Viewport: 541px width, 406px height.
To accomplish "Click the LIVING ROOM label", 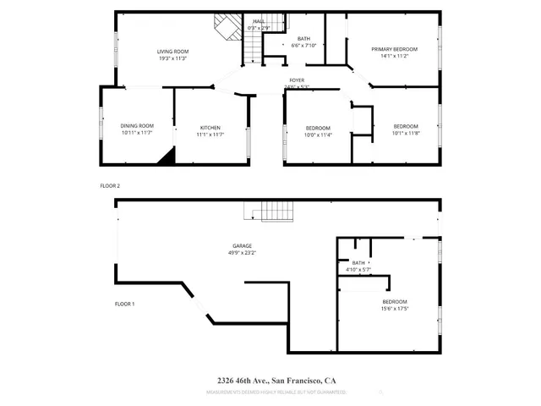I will pyautogui.click(x=172, y=52).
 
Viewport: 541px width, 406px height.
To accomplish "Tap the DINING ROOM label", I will pyautogui.click(x=137, y=126).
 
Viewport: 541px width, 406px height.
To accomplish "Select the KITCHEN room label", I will pyautogui.click(x=210, y=128).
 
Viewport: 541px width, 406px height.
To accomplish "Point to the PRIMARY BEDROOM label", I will pyautogui.click(x=395, y=50).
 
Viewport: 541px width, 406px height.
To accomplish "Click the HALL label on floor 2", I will pyautogui.click(x=258, y=21).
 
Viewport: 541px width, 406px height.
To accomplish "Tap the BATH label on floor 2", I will pyautogui.click(x=303, y=38).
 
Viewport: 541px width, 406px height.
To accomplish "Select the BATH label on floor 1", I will pyautogui.click(x=358, y=263).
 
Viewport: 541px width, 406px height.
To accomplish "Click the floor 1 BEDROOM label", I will pyautogui.click(x=395, y=302).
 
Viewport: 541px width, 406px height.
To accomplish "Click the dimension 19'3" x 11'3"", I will pyautogui.click(x=172, y=58).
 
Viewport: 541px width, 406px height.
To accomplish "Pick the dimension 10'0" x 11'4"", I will pyautogui.click(x=318, y=134).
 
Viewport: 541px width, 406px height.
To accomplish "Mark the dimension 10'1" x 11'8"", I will pyautogui.click(x=406, y=134).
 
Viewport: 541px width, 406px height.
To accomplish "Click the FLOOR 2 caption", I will pyautogui.click(x=111, y=184).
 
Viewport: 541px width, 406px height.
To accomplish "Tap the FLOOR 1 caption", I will pyautogui.click(x=124, y=303).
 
